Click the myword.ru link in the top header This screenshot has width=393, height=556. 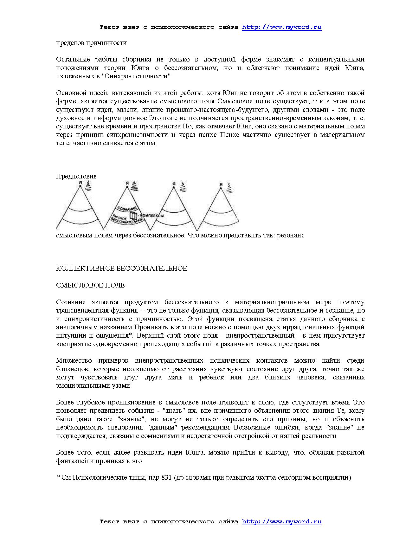tap(281, 27)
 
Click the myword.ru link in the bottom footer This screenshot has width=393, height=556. tap(281, 521)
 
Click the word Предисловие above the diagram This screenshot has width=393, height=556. tap(76, 176)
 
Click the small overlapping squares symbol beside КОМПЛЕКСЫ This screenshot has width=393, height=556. tap(133, 216)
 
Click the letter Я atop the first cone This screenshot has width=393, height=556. tap(81, 183)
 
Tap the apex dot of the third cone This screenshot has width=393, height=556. tap(173, 187)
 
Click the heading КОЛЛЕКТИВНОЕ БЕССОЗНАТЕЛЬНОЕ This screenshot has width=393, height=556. tap(121, 268)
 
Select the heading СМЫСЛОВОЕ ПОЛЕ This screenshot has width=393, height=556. tap(90, 285)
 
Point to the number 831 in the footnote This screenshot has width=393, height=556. tap(166, 478)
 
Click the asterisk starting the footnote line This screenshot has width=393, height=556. tap(58, 477)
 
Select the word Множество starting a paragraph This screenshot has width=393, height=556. tap(74, 360)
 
